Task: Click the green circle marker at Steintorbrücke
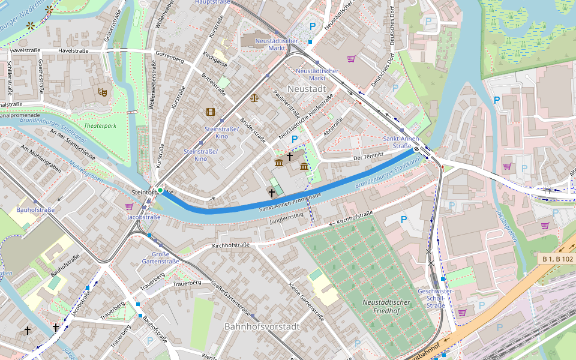point(160,191)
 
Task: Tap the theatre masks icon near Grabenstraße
point(103,92)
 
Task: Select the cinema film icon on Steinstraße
point(210,112)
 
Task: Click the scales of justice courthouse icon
point(254,97)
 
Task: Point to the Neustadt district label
point(307,89)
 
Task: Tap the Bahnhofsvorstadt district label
point(261,327)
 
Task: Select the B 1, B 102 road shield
point(557,259)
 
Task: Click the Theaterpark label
point(100,126)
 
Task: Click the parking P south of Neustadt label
point(295,139)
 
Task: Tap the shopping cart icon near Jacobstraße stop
point(129,206)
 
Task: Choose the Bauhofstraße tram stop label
point(35,210)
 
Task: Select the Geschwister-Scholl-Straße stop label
point(426,298)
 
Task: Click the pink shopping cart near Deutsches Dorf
point(351,59)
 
